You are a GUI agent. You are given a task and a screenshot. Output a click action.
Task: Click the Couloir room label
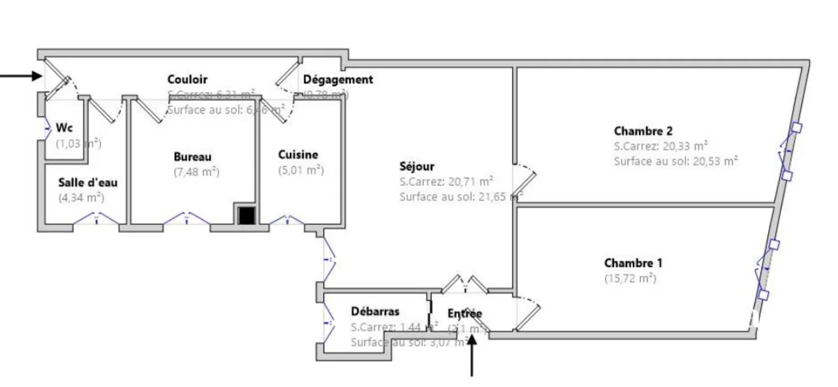coord(187,80)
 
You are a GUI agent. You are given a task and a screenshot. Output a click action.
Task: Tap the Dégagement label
coord(338,80)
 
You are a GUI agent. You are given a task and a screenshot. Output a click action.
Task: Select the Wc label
coord(65,128)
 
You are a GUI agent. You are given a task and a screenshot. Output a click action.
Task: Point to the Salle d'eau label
coord(87,182)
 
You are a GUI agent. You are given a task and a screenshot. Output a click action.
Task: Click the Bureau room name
coord(193,157)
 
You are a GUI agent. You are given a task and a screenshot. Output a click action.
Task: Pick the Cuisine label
coord(298,155)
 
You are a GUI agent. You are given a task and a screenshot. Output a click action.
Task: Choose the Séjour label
coord(417,167)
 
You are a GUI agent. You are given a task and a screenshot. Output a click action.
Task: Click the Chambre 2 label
coord(643,131)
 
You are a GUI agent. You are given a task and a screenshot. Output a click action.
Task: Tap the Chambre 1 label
coord(633,263)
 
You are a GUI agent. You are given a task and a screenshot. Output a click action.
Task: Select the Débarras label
coord(375,312)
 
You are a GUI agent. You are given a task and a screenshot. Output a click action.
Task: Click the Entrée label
coord(464,314)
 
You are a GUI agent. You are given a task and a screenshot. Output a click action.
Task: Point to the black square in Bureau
coord(245,216)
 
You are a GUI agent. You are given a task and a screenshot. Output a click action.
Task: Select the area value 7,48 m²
coord(196,172)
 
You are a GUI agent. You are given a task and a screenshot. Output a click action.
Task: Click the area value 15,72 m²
coord(630,278)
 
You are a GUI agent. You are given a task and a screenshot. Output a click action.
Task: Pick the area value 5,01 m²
coord(301,170)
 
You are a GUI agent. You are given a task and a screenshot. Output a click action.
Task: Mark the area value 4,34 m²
coord(81,198)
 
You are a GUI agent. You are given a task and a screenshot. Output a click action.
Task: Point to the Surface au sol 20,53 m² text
coord(676,161)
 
